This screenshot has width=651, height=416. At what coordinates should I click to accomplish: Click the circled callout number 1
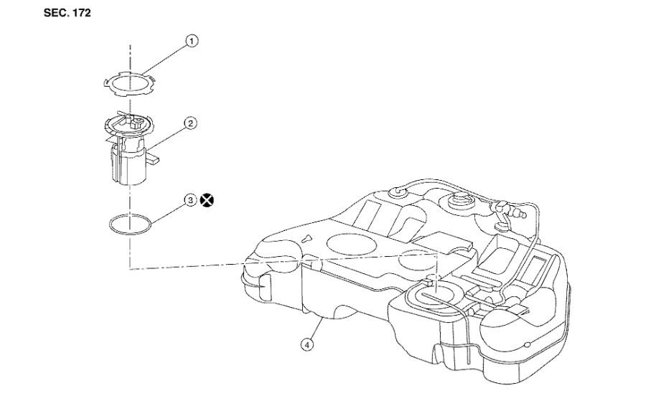pyautogui.click(x=192, y=42)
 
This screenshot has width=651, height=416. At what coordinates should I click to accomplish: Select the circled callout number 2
pyautogui.click(x=191, y=123)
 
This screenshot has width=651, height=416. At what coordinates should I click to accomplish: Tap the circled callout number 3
pyautogui.click(x=190, y=201)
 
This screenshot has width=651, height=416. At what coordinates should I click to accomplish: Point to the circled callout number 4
pyautogui.click(x=307, y=344)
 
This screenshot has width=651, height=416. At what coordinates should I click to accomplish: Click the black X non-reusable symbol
pyautogui.click(x=207, y=201)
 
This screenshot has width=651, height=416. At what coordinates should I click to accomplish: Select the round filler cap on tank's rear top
pyautogui.click(x=459, y=202)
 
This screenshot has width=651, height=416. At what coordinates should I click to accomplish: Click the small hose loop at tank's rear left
pyautogui.click(x=397, y=192)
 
